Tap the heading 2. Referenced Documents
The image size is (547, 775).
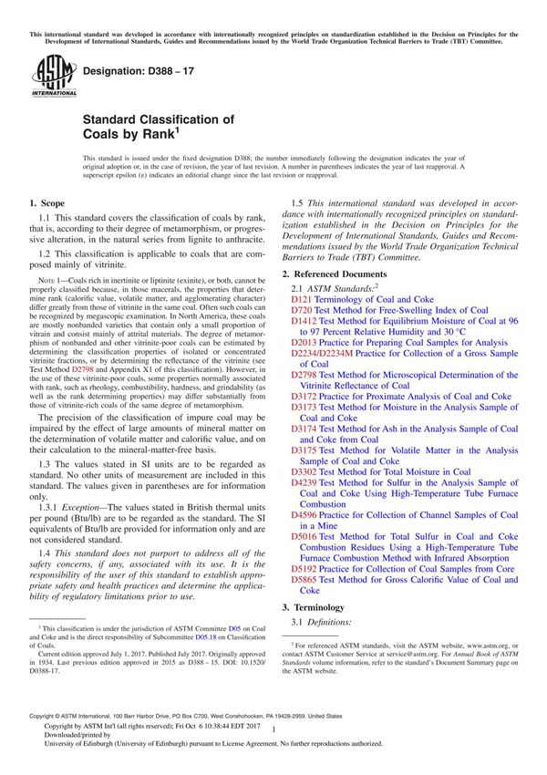[x=340, y=274]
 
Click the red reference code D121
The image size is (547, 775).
[x=303, y=299]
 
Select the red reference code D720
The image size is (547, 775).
[x=303, y=311]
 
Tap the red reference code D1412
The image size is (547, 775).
[x=305, y=323]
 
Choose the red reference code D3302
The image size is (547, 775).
[x=305, y=471]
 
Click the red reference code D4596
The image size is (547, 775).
[x=305, y=515]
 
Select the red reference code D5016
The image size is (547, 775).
[x=305, y=537]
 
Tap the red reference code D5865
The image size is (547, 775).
[x=305, y=580]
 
